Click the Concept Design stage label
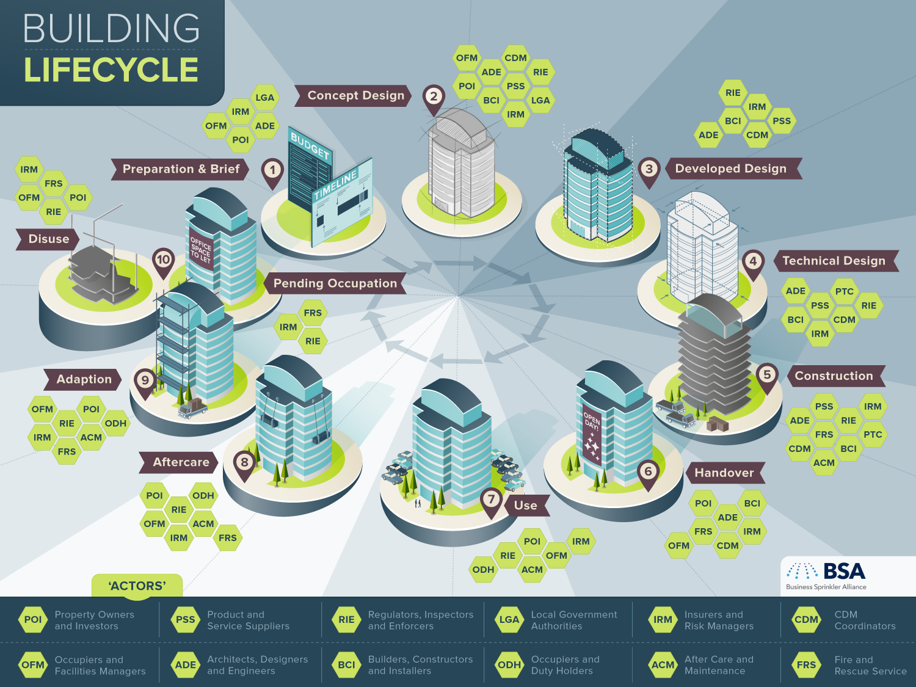click(353, 95)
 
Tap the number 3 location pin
click(649, 172)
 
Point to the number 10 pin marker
click(163, 263)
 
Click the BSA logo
click(826, 576)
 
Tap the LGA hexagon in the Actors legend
click(509, 620)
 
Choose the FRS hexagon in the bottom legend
click(806, 665)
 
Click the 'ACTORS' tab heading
click(137, 586)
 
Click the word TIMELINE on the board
click(335, 184)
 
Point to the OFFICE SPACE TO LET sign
click(201, 249)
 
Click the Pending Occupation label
click(335, 283)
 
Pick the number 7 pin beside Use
click(491, 502)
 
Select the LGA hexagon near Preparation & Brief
click(265, 98)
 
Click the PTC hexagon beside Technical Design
click(844, 291)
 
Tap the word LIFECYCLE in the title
click(111, 70)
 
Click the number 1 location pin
click(272, 173)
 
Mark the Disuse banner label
click(48, 239)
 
